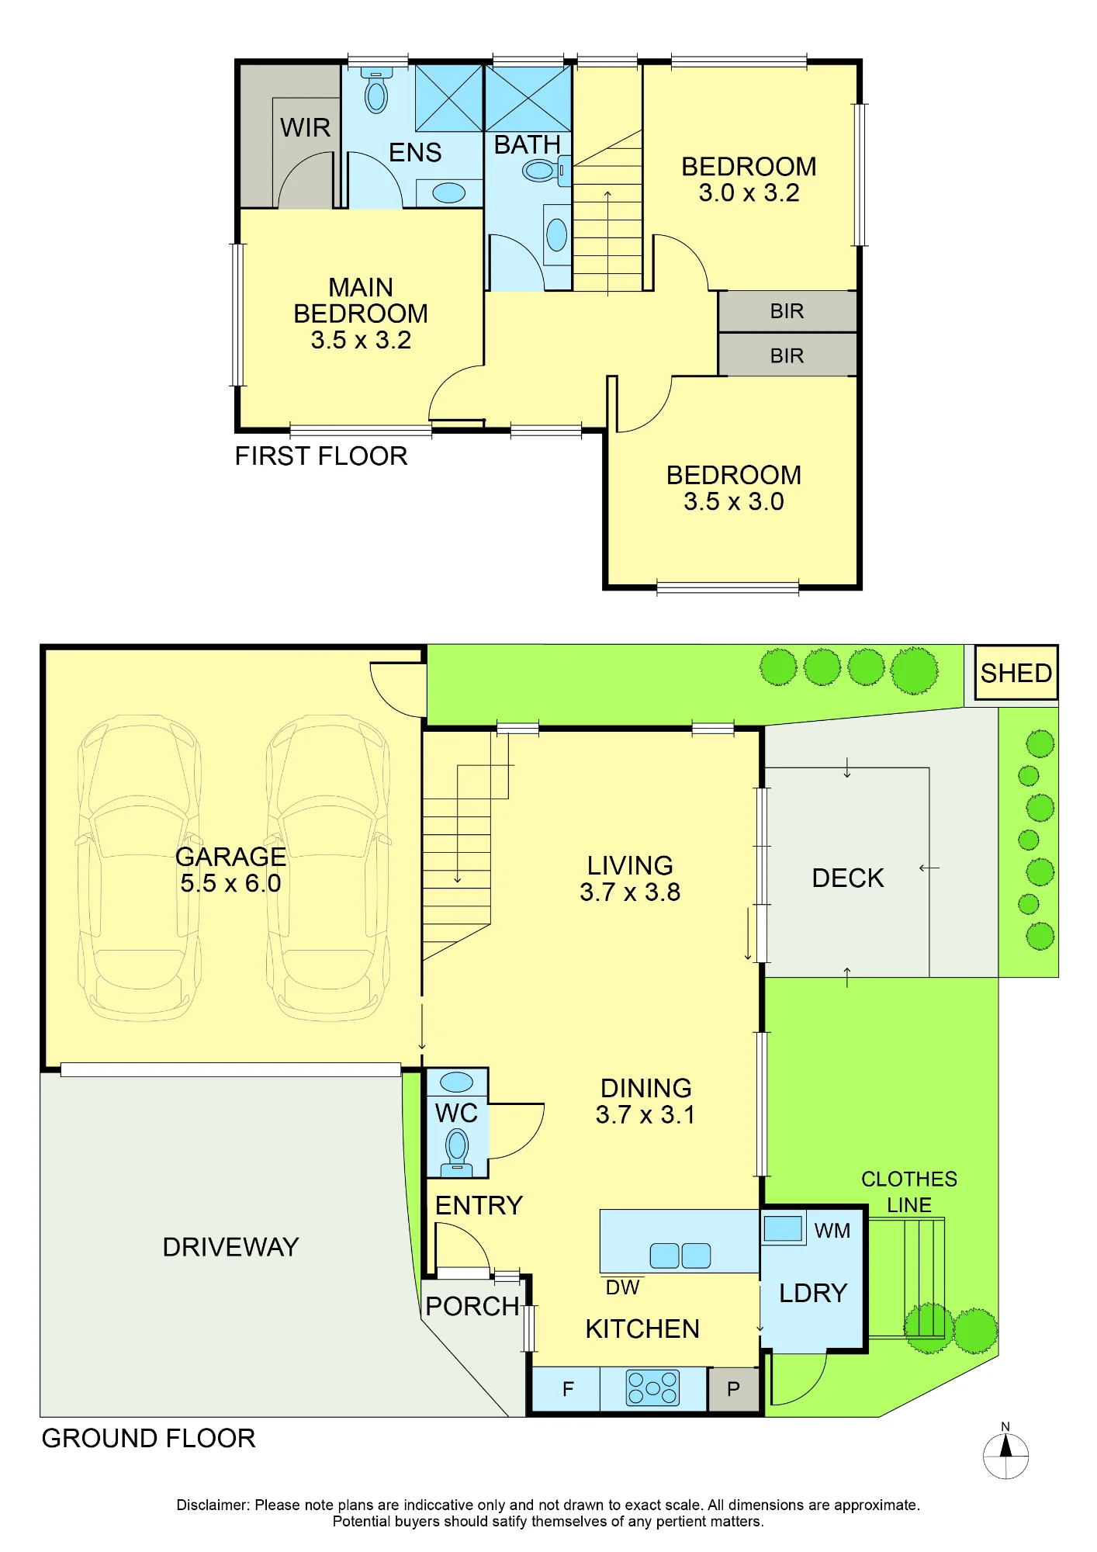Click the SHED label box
[x=1016, y=672]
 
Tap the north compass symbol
[x=1005, y=1455]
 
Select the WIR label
[x=305, y=127]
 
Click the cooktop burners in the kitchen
[x=652, y=1388]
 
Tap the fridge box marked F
[x=566, y=1389]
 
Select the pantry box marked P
[x=733, y=1389]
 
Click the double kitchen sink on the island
[x=680, y=1255]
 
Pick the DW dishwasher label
[x=622, y=1287]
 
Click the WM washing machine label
[x=832, y=1231]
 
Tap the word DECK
[x=847, y=878]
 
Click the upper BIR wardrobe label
[x=787, y=311]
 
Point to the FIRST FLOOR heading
[x=321, y=456]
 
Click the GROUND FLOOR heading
[x=148, y=1438]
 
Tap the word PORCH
[x=472, y=1306]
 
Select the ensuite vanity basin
[x=448, y=192]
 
